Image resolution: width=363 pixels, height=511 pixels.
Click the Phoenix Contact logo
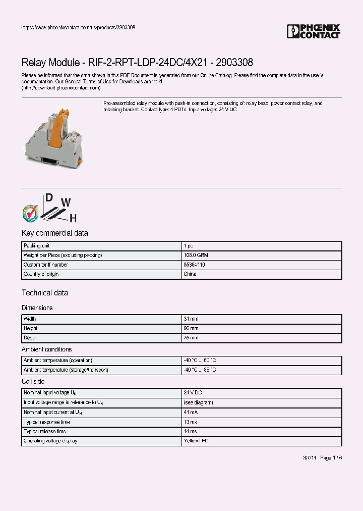(x=313, y=31)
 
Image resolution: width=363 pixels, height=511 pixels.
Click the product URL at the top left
(x=78, y=27)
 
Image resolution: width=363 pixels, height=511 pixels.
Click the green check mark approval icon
(x=30, y=213)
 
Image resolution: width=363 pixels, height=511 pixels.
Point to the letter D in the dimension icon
(x=49, y=198)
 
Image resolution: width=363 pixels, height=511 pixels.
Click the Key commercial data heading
(x=54, y=233)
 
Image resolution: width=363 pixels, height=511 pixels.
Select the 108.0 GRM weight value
(x=196, y=255)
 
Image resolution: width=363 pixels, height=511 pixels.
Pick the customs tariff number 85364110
(x=194, y=265)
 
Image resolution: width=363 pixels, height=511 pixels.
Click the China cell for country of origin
(x=190, y=274)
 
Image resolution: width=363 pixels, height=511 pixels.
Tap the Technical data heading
(x=44, y=293)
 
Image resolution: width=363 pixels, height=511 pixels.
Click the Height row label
(x=31, y=329)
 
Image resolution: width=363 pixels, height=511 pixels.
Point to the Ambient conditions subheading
(x=46, y=349)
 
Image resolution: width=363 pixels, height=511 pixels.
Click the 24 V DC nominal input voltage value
(x=193, y=393)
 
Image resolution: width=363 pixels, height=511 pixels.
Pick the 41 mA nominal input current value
(x=191, y=413)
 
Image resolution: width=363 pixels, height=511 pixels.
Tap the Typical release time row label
(x=45, y=432)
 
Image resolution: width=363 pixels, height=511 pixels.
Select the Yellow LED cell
(x=196, y=441)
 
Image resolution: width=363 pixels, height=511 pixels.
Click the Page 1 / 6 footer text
(x=331, y=457)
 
